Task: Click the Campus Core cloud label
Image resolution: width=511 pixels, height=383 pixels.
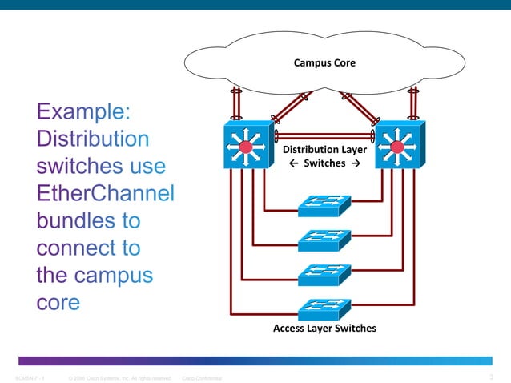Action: click(x=324, y=62)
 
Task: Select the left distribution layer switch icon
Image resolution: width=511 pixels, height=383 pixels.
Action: click(x=247, y=146)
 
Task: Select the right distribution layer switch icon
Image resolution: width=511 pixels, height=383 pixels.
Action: click(x=398, y=146)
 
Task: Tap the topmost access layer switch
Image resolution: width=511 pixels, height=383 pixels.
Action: click(x=324, y=206)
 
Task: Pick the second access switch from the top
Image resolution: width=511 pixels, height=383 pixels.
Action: click(x=324, y=240)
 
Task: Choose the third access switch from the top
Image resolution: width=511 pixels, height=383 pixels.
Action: click(x=324, y=274)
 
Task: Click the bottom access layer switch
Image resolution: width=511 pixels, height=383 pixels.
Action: click(x=324, y=308)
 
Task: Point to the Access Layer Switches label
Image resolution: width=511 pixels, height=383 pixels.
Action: click(x=324, y=329)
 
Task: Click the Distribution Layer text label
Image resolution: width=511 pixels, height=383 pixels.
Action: click(x=324, y=149)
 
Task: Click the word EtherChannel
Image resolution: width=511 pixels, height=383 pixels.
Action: click(x=106, y=194)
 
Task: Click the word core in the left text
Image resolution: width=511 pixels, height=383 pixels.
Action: click(x=58, y=303)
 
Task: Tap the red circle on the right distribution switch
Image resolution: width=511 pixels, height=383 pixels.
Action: click(x=396, y=147)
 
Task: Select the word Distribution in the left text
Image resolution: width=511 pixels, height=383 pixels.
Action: click(x=92, y=139)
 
